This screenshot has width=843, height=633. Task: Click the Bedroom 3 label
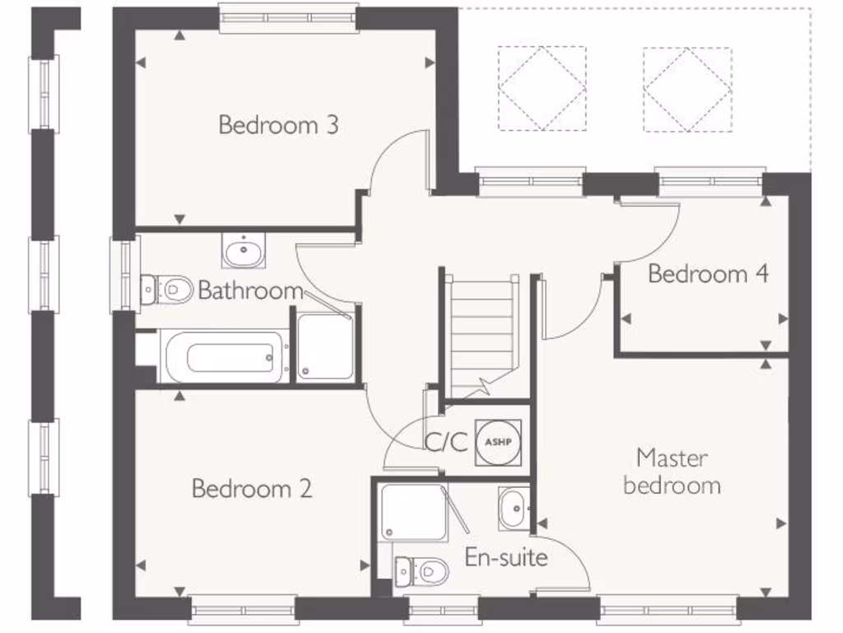click(x=278, y=125)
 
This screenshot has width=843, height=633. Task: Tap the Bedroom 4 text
click(x=708, y=274)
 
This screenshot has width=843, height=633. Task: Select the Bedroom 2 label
click(x=252, y=489)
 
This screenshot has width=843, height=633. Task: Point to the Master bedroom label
click(x=672, y=471)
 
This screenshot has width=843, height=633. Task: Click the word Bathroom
click(x=250, y=291)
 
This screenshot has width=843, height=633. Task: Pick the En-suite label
click(x=506, y=557)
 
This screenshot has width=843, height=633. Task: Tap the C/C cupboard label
click(x=446, y=443)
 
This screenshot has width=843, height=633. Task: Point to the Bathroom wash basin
click(x=243, y=250)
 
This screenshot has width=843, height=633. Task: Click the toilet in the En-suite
click(x=421, y=570)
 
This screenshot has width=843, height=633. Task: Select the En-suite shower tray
click(x=414, y=512)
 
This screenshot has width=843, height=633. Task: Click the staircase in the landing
click(x=482, y=334)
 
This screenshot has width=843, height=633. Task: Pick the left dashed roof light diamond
click(x=542, y=88)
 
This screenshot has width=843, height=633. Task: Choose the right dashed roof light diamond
click(x=687, y=88)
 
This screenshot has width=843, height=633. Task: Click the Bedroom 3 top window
click(x=288, y=18)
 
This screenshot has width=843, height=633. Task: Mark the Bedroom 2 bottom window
click(x=242, y=611)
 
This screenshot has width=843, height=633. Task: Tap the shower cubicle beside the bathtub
click(x=326, y=347)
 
